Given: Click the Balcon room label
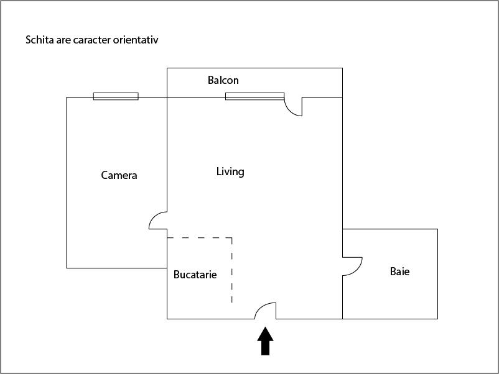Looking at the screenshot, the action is tap(223, 80).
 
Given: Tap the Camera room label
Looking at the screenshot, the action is tap(119, 175).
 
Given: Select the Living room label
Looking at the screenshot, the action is tap(230, 171).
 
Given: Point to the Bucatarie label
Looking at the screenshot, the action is tap(195, 275).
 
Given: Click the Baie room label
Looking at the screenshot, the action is tap(399, 271).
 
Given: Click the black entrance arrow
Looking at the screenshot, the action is tap(265, 341).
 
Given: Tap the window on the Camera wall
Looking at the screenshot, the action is tap(116, 96).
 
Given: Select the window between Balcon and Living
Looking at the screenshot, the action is tap(254, 96).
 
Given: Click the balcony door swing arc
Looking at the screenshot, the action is tap(289, 110).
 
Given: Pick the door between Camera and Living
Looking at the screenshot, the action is tap(154, 216).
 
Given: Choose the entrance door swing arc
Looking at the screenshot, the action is tap(261, 306).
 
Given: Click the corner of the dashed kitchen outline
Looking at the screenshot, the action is tap(231, 238).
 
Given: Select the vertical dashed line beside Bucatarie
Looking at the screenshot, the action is tap(231, 270).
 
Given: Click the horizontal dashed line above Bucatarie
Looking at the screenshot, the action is tap(200, 238).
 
